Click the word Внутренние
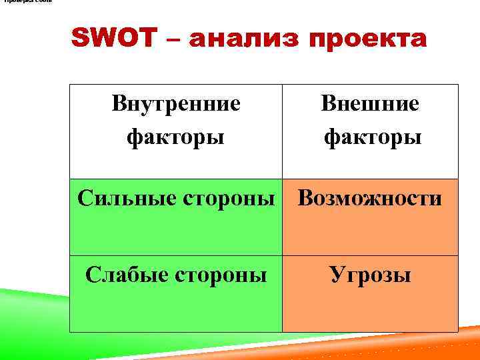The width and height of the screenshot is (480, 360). [x=176, y=103]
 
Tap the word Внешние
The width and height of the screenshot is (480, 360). [x=370, y=103]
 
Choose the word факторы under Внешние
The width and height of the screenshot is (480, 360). [x=372, y=137]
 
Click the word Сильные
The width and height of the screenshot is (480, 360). [x=119, y=198]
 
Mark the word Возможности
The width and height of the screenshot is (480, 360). [x=370, y=198]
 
